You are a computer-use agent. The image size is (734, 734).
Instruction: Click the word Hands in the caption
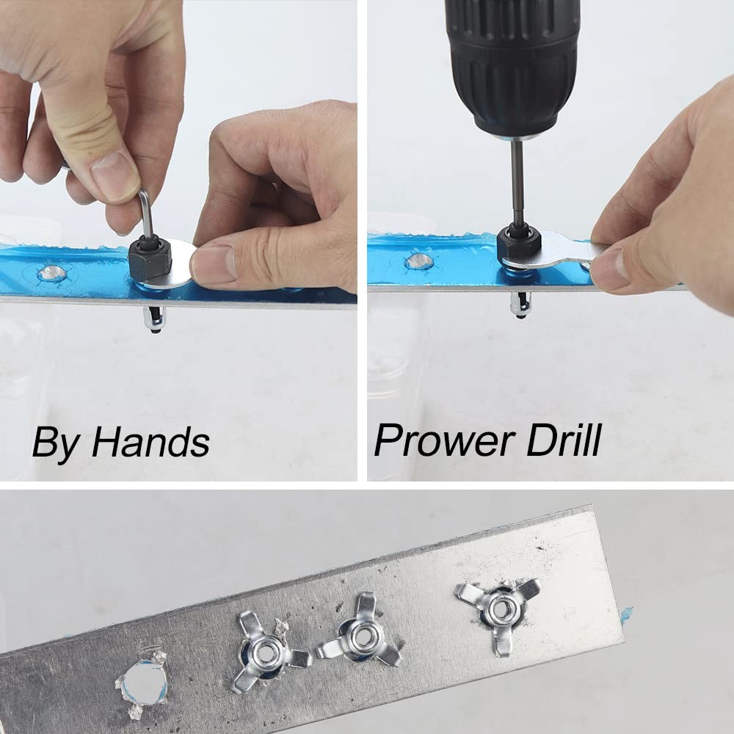tap(150, 443)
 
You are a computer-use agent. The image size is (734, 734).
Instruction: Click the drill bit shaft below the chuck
tap(517, 183)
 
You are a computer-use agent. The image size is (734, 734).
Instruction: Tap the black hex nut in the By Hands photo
tap(150, 257)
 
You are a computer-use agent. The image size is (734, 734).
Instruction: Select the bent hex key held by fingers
tap(148, 213)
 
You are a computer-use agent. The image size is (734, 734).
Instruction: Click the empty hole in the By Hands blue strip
tap(51, 273)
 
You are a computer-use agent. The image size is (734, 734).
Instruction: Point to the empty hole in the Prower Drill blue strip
tap(419, 261)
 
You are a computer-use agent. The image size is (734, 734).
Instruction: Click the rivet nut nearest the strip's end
tap(500, 606)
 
